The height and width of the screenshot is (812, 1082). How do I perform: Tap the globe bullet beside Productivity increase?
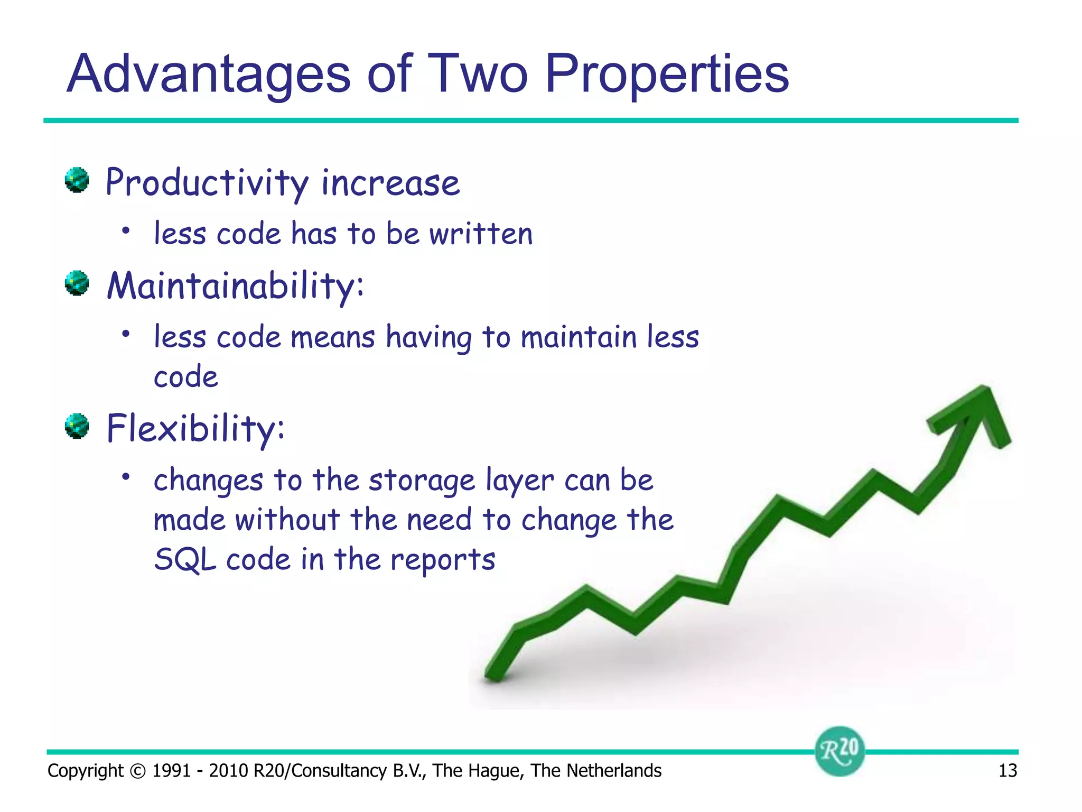[77, 180]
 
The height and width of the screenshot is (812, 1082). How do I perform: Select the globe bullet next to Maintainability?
[77, 283]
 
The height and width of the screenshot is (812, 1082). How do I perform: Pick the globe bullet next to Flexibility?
[77, 426]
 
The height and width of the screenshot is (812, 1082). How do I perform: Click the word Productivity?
[207, 183]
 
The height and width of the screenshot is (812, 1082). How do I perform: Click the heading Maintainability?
[235, 285]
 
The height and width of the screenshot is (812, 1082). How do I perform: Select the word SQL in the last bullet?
[185, 559]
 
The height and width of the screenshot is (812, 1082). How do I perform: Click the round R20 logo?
[840, 751]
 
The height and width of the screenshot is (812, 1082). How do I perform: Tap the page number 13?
[1008, 771]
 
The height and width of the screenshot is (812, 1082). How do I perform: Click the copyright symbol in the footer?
[137, 771]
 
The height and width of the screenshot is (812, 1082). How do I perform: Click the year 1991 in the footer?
[171, 771]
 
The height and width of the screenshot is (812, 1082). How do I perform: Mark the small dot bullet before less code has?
[125, 230]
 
